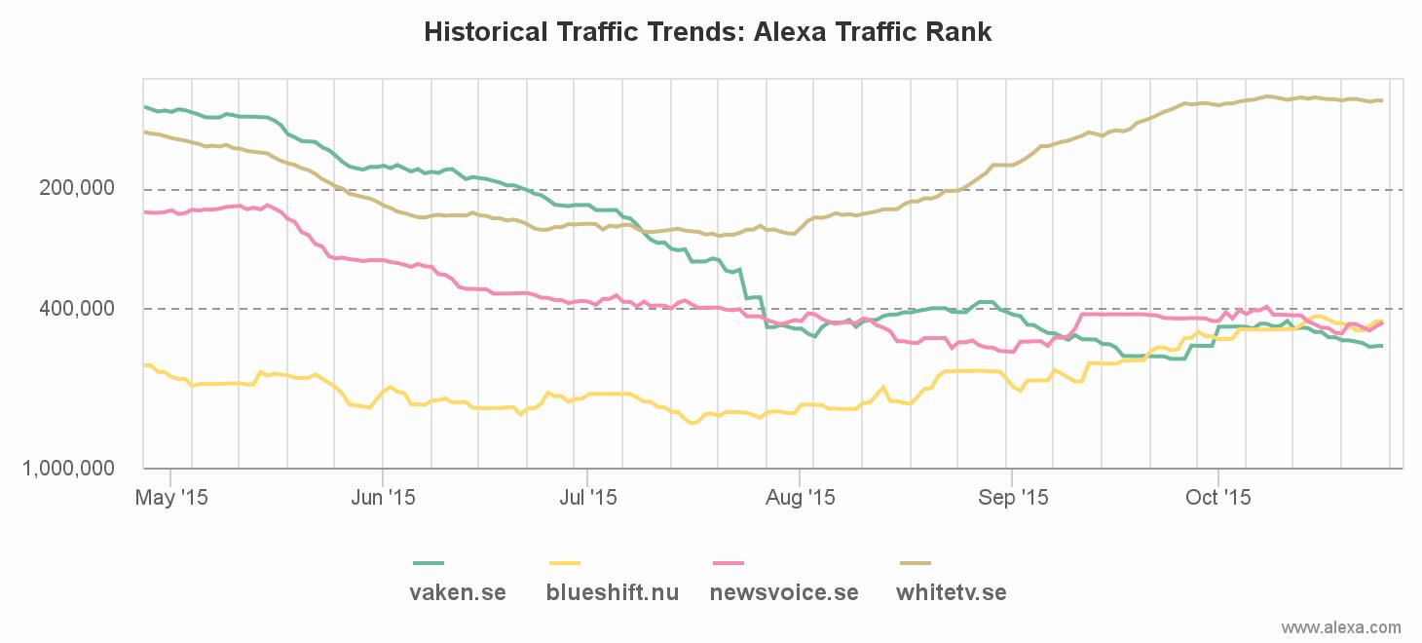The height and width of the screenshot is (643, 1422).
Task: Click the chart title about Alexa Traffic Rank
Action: tap(708, 32)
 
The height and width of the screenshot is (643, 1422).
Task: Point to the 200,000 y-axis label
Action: tap(78, 188)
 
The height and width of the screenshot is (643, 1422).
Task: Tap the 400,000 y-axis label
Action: tap(78, 309)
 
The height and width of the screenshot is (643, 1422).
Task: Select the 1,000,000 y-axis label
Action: tap(68, 469)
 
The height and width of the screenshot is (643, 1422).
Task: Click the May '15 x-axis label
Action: tap(170, 498)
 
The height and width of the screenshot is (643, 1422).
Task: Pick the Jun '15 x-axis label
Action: tap(383, 498)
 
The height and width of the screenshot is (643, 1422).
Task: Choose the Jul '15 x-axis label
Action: tap(587, 498)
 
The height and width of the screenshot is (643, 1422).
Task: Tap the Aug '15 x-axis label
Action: tap(800, 498)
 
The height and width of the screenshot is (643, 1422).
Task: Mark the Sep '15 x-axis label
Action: tap(1013, 498)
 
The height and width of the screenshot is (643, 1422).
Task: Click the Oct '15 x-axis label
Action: tap(1217, 498)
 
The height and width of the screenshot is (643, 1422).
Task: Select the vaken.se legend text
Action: tap(458, 592)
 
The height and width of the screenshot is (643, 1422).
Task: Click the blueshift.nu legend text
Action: tap(613, 592)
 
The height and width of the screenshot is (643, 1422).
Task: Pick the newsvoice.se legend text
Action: tap(784, 592)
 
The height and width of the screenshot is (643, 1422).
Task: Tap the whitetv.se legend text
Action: tap(952, 592)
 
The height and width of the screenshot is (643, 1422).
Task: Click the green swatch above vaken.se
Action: tap(429, 563)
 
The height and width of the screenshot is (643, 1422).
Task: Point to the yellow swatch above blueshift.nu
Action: tap(565, 563)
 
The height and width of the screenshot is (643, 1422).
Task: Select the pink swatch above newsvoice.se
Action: tap(729, 563)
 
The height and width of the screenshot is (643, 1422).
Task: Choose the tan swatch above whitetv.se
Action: tap(916, 563)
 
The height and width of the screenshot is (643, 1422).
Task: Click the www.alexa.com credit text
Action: tap(1341, 627)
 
